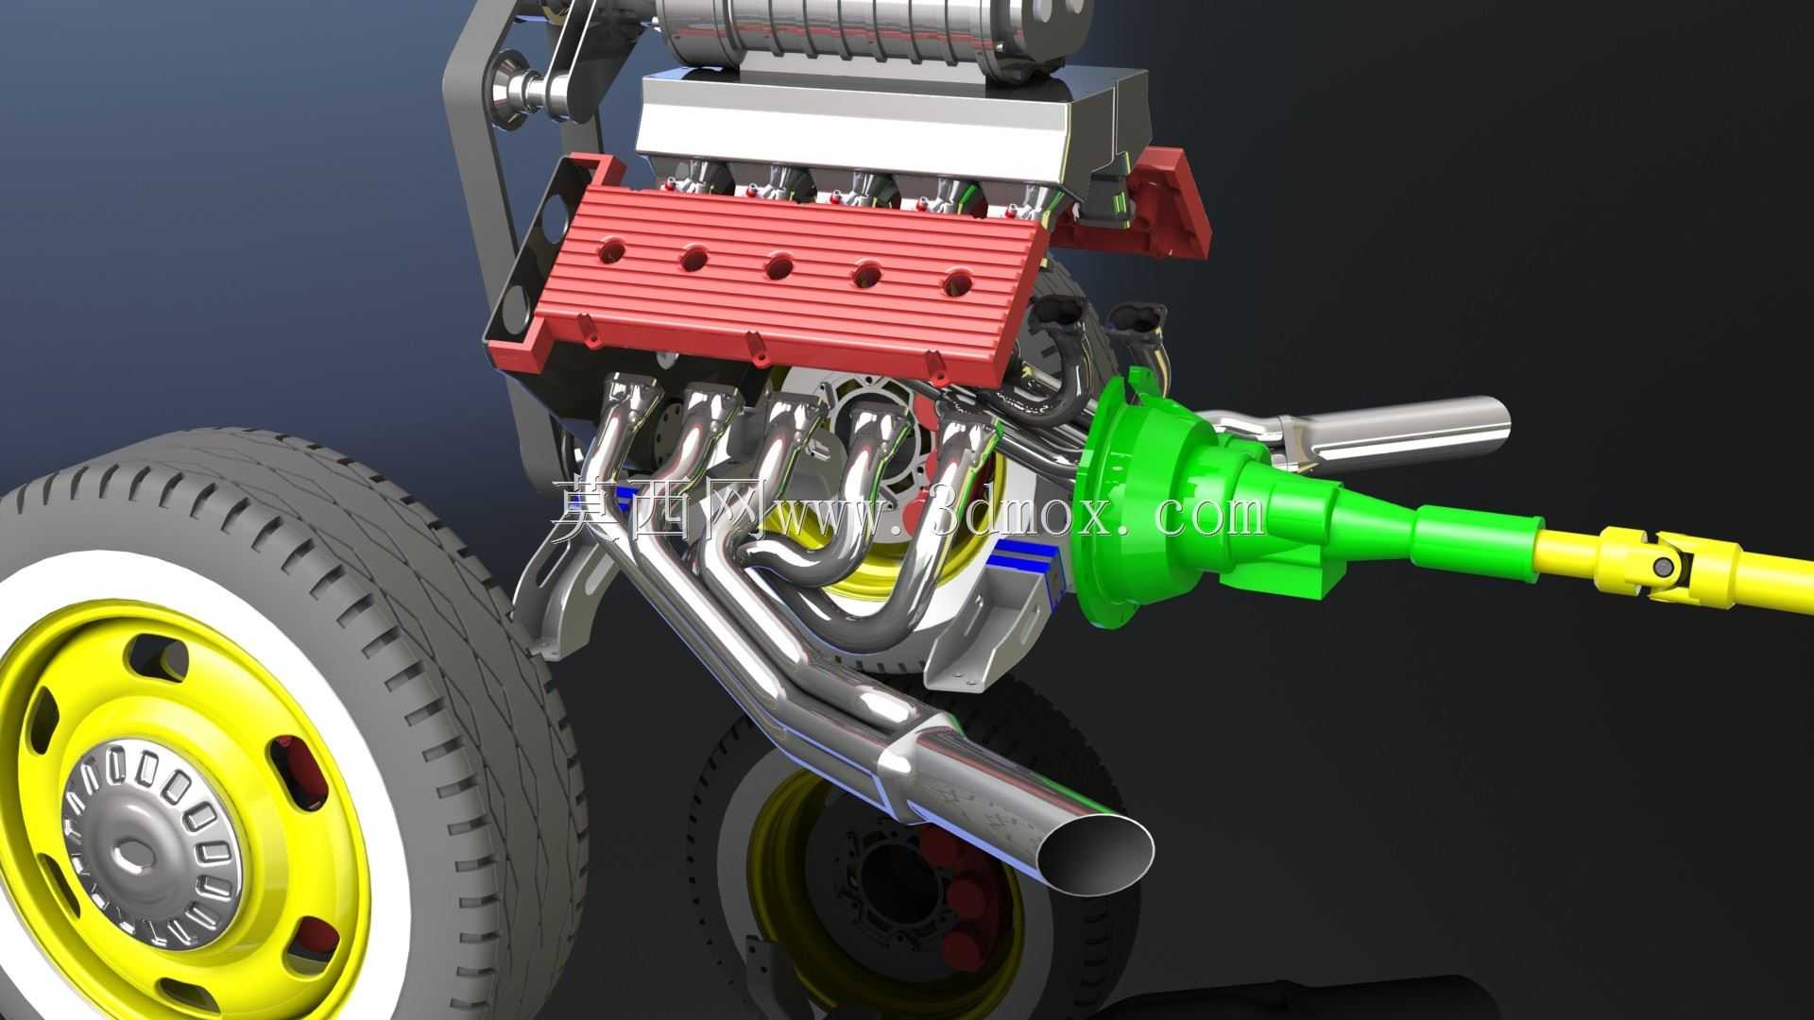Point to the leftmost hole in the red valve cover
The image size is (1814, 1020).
610,250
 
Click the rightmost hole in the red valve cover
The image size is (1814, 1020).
957,280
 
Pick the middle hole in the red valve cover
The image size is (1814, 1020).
779,265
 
